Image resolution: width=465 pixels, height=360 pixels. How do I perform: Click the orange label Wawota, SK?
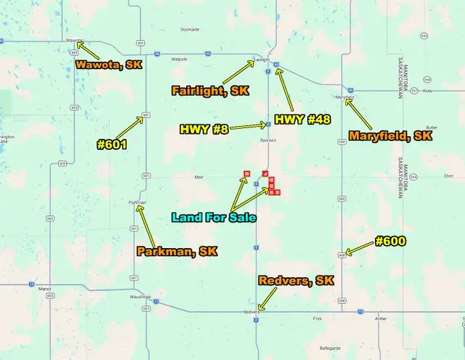tap(109, 64)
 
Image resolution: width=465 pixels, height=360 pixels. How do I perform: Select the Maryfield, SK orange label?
tap(390, 136)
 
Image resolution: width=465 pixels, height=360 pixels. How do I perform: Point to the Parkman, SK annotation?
tap(177, 252)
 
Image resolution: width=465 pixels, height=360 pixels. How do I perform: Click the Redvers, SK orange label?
tap(296, 281)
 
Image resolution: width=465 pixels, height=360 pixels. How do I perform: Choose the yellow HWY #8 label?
tap(204, 129)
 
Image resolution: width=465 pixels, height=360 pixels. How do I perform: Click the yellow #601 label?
tap(112, 144)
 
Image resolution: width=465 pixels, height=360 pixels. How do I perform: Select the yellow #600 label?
tap(389, 241)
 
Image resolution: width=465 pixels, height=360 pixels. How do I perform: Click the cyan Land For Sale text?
tap(212, 217)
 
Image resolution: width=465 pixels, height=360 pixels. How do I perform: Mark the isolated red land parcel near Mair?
tap(247, 173)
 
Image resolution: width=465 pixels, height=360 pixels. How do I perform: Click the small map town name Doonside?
tap(190, 30)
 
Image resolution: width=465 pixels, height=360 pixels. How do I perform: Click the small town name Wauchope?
tap(140, 297)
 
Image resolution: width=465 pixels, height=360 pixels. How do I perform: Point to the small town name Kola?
tap(427, 91)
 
